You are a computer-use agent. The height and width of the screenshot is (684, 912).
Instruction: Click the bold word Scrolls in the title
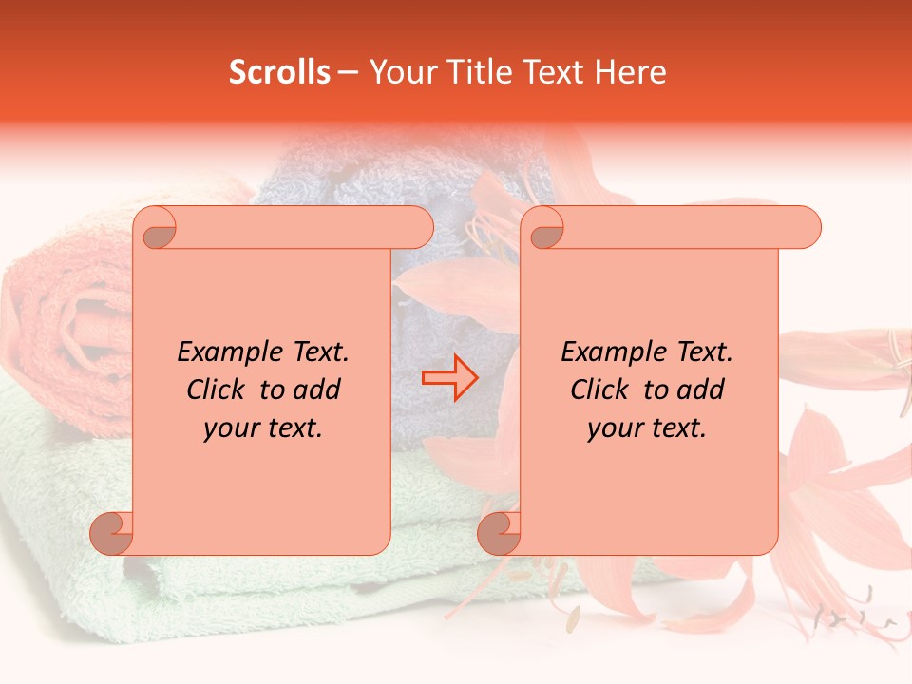click(x=279, y=72)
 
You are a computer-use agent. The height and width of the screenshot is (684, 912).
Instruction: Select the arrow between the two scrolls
click(x=450, y=377)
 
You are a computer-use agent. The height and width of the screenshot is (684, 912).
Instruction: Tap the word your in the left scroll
click(x=229, y=428)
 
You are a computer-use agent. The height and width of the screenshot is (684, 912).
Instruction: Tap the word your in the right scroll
click(x=613, y=428)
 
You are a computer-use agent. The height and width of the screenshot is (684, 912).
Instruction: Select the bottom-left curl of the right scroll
click(x=500, y=533)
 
